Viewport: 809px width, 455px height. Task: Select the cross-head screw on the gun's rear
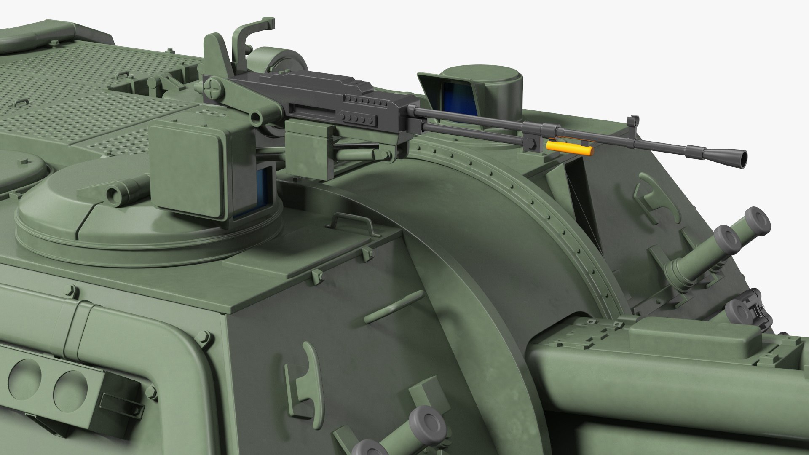pyautogui.click(x=212, y=87)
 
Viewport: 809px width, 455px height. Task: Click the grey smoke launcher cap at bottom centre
pyautogui.click(x=426, y=426)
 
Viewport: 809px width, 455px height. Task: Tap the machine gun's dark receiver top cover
pyautogui.click(x=320, y=89)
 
